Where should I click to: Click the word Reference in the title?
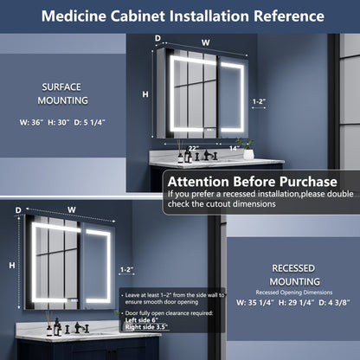coord(281,16)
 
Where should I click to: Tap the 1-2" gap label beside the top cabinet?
coord(258,101)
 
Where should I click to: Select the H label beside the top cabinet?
coord(145,93)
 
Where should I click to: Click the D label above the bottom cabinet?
coord(18,209)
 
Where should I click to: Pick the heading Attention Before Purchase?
coord(252,182)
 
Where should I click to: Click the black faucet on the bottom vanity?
coord(79,329)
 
